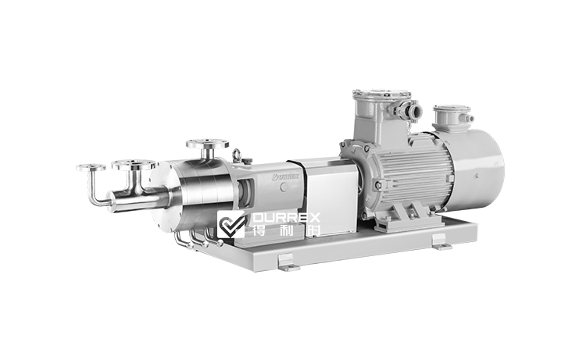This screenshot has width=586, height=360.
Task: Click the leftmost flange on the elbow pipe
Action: click(91, 167)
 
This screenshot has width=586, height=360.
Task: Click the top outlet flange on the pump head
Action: click(207, 144)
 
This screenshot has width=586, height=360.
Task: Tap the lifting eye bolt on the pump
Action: click(236, 155)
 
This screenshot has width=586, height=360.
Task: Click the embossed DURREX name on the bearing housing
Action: click(285, 176)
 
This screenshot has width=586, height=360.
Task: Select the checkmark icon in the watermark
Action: click(231, 224)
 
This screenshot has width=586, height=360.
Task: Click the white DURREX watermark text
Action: click(286, 218)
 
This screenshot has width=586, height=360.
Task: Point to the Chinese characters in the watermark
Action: click(286, 230)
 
